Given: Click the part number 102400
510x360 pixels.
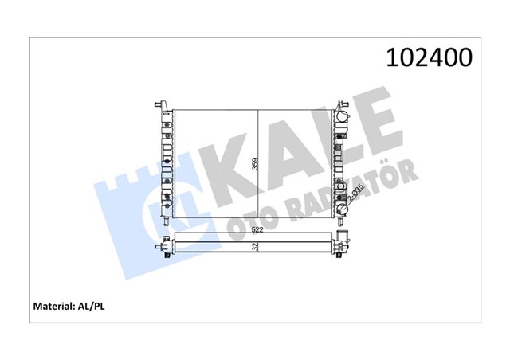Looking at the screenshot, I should pyautogui.click(x=429, y=57).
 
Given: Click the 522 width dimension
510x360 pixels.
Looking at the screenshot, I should pyautogui.click(x=256, y=230).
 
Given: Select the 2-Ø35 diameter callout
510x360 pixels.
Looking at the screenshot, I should pyautogui.click(x=356, y=193).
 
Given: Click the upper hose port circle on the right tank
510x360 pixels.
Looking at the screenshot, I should pyautogui.click(x=343, y=118).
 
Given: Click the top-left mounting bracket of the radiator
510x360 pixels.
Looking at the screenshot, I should pyautogui.click(x=159, y=104).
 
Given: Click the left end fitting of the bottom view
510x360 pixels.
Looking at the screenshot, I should pyautogui.click(x=164, y=246).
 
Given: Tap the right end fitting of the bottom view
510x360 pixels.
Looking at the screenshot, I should pyautogui.click(x=343, y=246).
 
